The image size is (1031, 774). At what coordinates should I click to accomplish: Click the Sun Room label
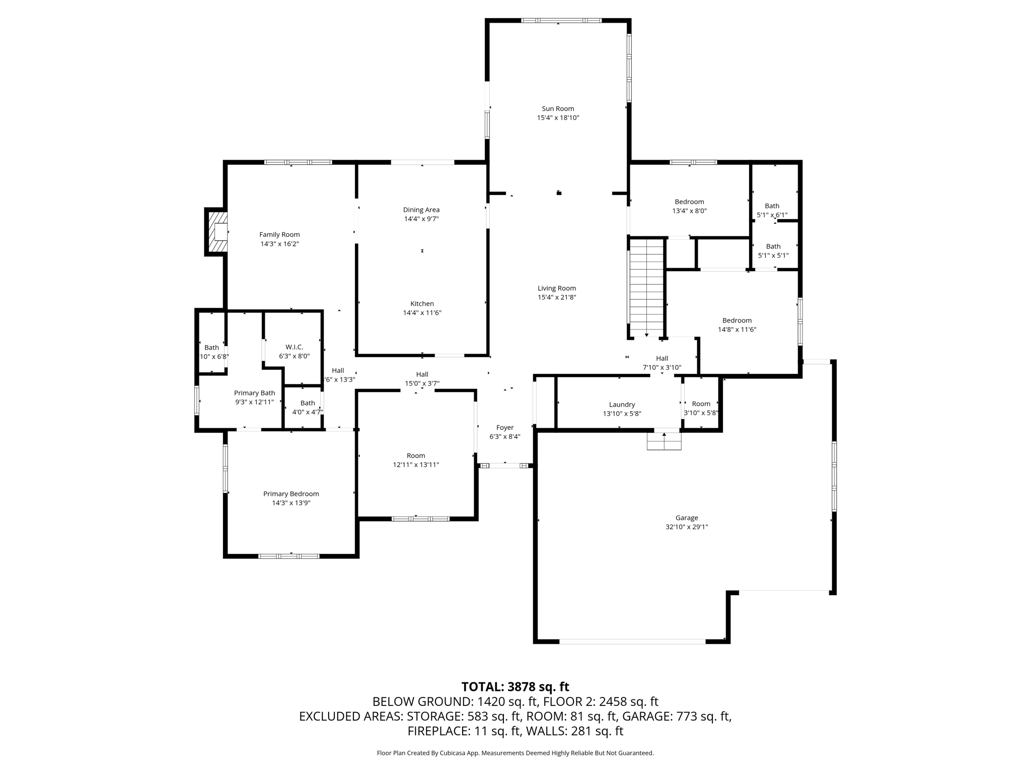click(558, 109)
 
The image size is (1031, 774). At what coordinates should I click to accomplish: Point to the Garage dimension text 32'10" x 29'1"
click(687, 527)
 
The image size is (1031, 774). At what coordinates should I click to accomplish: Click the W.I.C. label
click(294, 347)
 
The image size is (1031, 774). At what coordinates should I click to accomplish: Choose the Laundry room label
click(622, 405)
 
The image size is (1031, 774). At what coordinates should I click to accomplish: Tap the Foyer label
click(505, 428)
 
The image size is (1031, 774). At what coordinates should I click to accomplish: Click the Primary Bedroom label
click(291, 494)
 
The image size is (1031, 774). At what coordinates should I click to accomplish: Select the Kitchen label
click(422, 304)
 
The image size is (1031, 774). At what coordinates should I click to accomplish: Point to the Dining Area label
click(421, 210)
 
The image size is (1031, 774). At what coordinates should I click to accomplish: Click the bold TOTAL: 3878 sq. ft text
click(515, 687)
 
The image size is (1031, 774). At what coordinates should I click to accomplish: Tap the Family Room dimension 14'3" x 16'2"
click(279, 244)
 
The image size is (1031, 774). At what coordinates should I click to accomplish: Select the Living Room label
click(557, 289)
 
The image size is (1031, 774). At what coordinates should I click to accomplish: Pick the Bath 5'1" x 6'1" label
click(772, 211)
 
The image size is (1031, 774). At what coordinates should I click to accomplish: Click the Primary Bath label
click(254, 393)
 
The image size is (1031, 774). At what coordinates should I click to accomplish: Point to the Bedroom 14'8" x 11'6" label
click(737, 325)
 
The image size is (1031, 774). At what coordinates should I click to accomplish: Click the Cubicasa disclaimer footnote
click(515, 753)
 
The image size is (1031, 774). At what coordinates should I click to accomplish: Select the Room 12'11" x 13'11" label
click(416, 460)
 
